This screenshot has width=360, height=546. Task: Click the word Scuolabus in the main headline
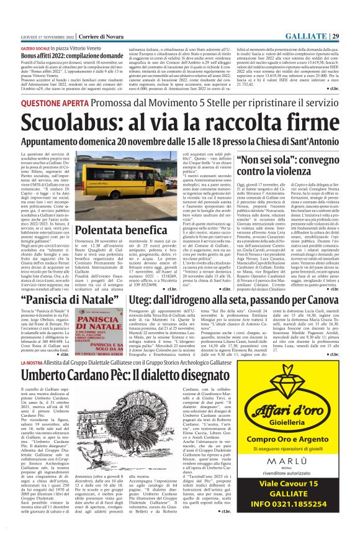73,124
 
